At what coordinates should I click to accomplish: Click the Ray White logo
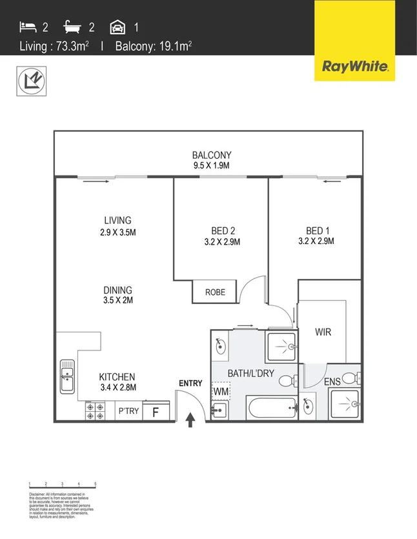pos(354,65)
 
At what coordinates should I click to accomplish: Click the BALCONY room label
pos(211,155)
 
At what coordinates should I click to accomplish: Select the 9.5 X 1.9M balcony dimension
pos(211,165)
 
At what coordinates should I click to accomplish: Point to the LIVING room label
pos(118,220)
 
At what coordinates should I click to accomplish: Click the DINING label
pos(117,290)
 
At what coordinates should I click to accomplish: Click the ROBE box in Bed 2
pos(215,292)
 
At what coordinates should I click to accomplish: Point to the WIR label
pos(323,333)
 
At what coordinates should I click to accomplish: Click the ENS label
pos(332,381)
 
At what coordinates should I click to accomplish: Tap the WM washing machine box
pos(221,391)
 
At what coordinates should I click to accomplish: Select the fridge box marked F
pos(155,411)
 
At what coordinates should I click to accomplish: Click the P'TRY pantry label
pos(128,411)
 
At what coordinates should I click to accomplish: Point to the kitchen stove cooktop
pos(96,410)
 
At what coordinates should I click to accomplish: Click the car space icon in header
pos(117,27)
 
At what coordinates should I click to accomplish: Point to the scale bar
pos(63,484)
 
